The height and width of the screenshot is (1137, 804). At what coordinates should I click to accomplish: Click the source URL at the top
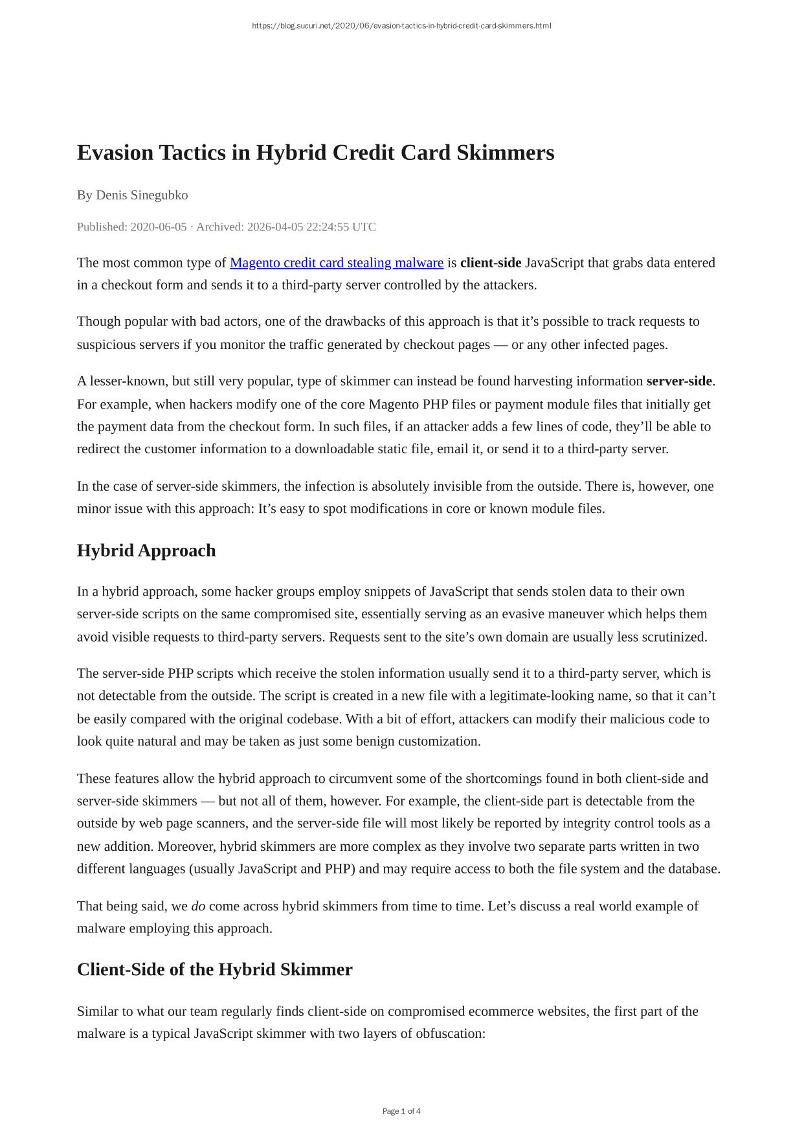[401, 26]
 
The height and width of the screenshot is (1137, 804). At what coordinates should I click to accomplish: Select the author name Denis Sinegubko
[142, 195]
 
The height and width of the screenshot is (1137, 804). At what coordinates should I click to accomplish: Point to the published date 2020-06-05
[159, 227]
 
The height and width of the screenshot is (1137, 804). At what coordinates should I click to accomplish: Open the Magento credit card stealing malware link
[337, 263]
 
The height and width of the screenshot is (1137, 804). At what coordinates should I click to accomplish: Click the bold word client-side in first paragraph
[491, 263]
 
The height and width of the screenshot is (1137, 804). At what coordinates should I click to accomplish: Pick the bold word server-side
[679, 381]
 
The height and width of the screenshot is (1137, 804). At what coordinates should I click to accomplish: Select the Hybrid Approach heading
[146, 550]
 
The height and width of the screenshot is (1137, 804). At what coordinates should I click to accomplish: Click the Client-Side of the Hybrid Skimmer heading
[214, 969]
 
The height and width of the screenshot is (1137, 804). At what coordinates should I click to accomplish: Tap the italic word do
[198, 906]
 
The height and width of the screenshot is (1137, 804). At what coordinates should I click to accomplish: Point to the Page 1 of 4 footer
[401, 1111]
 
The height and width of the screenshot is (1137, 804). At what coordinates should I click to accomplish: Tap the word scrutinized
[674, 637]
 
